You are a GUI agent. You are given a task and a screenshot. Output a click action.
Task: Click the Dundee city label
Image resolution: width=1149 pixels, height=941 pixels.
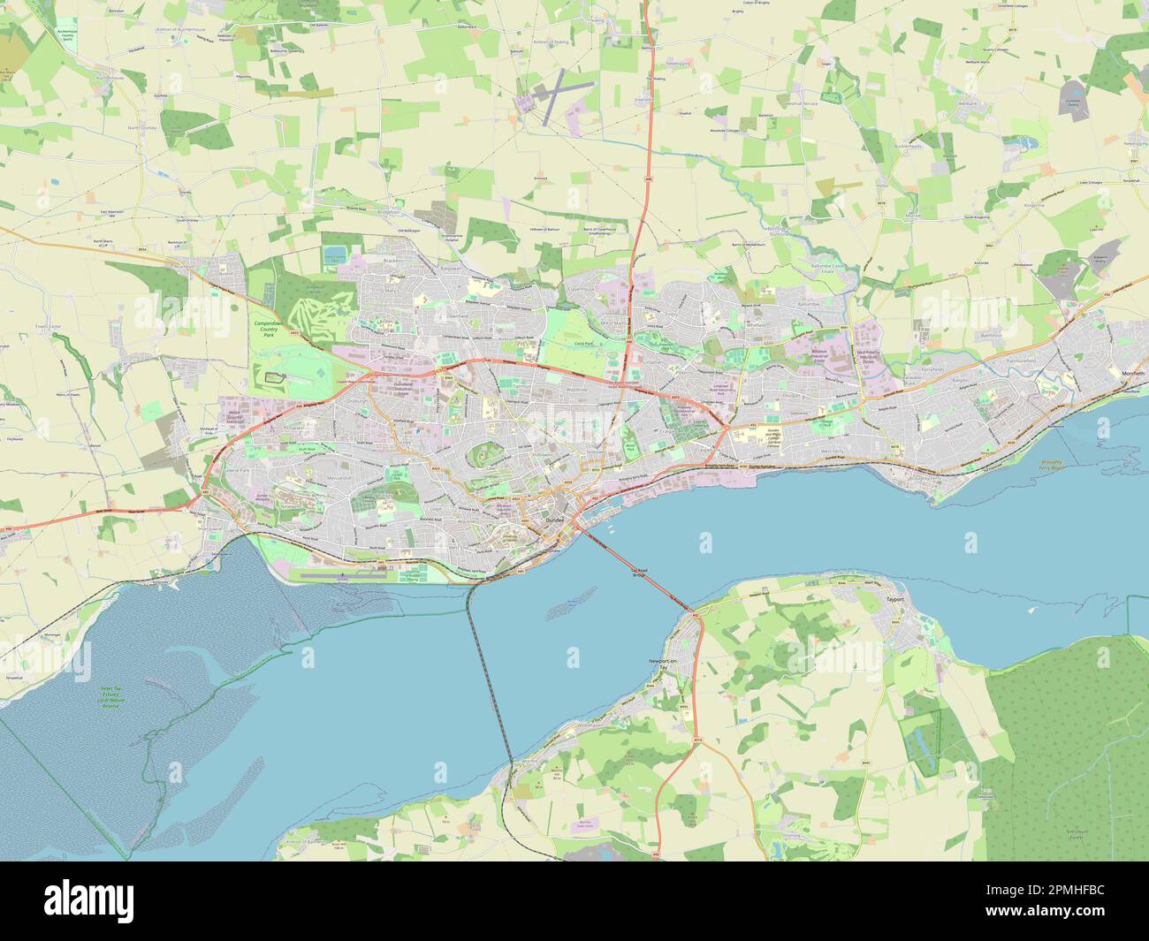click(555, 523)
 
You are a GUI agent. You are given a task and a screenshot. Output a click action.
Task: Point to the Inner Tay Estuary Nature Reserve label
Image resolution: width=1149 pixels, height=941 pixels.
click(111, 699)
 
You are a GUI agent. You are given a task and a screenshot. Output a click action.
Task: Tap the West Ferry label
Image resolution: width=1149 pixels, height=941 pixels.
click(834, 452)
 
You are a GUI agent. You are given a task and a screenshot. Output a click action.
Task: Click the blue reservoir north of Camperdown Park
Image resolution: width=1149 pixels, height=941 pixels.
click(333, 256)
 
